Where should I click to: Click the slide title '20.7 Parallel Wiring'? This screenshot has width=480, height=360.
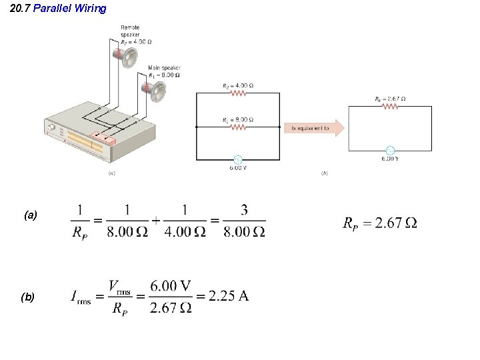click(x=59, y=9)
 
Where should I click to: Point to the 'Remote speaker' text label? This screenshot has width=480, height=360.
click(x=130, y=31)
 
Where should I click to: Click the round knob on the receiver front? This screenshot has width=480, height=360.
click(x=51, y=127)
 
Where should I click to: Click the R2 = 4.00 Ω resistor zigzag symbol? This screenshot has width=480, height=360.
click(x=238, y=94)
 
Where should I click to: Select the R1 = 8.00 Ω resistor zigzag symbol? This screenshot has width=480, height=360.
click(x=238, y=127)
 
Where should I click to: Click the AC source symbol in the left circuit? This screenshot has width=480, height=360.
click(x=237, y=159)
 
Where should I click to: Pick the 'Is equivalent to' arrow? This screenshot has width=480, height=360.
click(x=314, y=127)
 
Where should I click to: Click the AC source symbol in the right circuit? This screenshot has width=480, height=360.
click(x=390, y=150)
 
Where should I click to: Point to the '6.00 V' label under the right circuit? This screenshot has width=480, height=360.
click(x=390, y=159)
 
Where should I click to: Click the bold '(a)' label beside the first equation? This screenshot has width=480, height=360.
click(x=31, y=215)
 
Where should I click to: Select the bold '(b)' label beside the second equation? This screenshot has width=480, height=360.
click(x=28, y=297)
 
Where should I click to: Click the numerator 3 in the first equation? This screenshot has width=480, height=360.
click(x=244, y=211)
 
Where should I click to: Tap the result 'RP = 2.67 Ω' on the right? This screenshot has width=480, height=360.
click(x=379, y=223)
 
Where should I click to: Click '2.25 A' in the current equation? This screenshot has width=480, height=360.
click(x=229, y=296)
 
